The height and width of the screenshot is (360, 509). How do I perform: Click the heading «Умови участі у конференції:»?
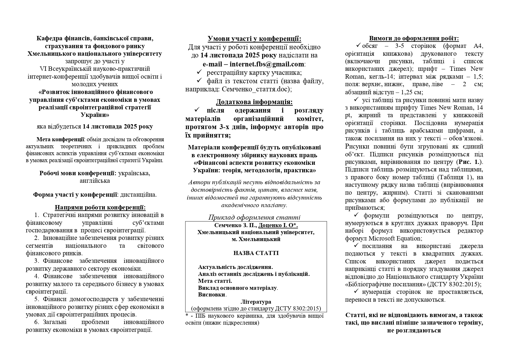point(254,39)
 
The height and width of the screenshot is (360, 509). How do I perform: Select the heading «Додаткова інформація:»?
point(254,102)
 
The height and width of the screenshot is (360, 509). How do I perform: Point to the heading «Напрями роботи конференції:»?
point(100,208)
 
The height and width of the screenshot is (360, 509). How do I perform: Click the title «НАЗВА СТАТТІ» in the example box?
point(256,253)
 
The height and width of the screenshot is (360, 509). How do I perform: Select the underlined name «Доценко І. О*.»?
point(278,225)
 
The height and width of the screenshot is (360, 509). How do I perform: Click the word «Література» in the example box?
point(256,302)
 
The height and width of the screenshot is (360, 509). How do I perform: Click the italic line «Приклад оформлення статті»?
point(254,218)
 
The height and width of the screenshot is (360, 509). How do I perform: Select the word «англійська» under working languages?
point(95,181)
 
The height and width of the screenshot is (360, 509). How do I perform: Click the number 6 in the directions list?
point(37,322)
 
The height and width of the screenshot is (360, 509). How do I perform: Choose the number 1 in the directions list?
point(37,215)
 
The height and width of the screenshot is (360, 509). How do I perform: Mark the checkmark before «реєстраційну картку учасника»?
point(199,72)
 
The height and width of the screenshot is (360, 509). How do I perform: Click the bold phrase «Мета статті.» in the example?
point(215,281)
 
